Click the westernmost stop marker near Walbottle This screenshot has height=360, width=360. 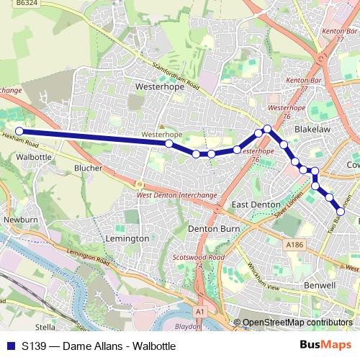tap(19, 131)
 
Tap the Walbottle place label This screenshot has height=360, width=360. tap(34, 156)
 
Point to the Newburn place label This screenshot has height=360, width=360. tap(19, 219)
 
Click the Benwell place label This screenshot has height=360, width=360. tap(319, 265)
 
